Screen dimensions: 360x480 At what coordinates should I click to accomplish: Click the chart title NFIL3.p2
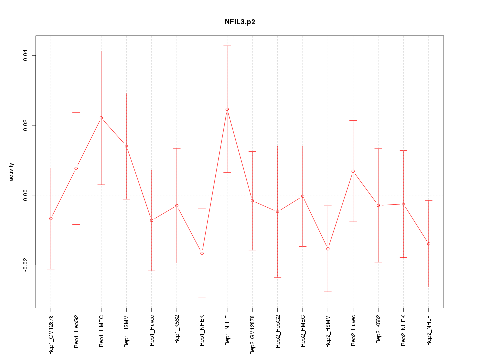(240, 22)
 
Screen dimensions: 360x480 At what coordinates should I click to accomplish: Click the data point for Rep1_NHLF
(227, 109)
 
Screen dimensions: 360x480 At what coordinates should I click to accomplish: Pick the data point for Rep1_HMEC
(101, 118)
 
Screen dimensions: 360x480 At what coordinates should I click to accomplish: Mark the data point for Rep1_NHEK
(202, 253)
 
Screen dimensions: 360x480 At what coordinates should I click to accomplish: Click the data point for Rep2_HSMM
(328, 249)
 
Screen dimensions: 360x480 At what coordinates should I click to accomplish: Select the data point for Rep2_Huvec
(353, 171)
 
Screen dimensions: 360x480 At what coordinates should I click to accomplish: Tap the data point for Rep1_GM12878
(51, 219)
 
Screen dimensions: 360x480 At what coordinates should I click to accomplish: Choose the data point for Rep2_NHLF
(429, 244)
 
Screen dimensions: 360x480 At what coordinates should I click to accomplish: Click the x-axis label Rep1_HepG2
(76, 330)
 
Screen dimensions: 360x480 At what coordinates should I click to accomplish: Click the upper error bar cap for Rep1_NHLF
(227, 46)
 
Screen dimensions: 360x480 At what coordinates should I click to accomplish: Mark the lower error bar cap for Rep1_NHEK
(202, 298)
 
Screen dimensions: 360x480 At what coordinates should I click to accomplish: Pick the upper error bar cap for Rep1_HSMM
(126, 93)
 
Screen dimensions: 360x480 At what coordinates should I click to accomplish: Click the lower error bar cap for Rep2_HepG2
(278, 277)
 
